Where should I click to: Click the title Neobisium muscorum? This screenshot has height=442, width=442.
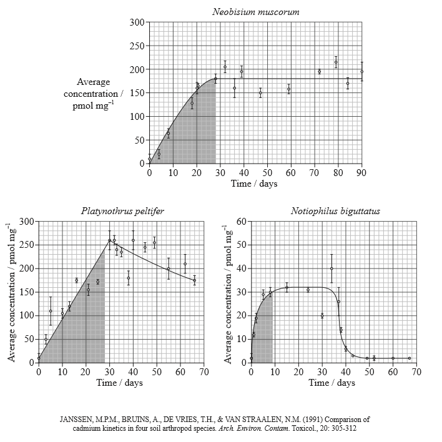[255, 12]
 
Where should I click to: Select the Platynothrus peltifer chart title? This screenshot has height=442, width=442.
[122, 211]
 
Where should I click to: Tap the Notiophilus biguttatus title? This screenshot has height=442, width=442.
[335, 211]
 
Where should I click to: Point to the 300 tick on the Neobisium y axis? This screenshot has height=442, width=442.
[137, 22]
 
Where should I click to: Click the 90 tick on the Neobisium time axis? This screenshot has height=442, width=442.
[361, 173]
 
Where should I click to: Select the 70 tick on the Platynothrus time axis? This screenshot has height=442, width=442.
[204, 372]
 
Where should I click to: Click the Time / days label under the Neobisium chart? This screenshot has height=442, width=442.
[254, 184]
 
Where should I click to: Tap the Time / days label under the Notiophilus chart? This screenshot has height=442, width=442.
[331, 383]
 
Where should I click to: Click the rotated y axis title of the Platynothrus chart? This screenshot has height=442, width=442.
[11, 292]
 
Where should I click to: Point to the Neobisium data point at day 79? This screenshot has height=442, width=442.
[336, 62]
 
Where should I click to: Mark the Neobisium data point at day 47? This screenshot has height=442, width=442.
[260, 93]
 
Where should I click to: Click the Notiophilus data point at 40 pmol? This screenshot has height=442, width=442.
[331, 268]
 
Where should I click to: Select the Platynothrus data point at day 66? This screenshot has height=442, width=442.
[194, 280]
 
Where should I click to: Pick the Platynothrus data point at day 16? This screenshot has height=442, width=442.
[76, 280]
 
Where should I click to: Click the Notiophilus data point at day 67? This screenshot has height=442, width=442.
[409, 358]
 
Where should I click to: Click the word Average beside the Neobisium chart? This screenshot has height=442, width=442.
[93, 82]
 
